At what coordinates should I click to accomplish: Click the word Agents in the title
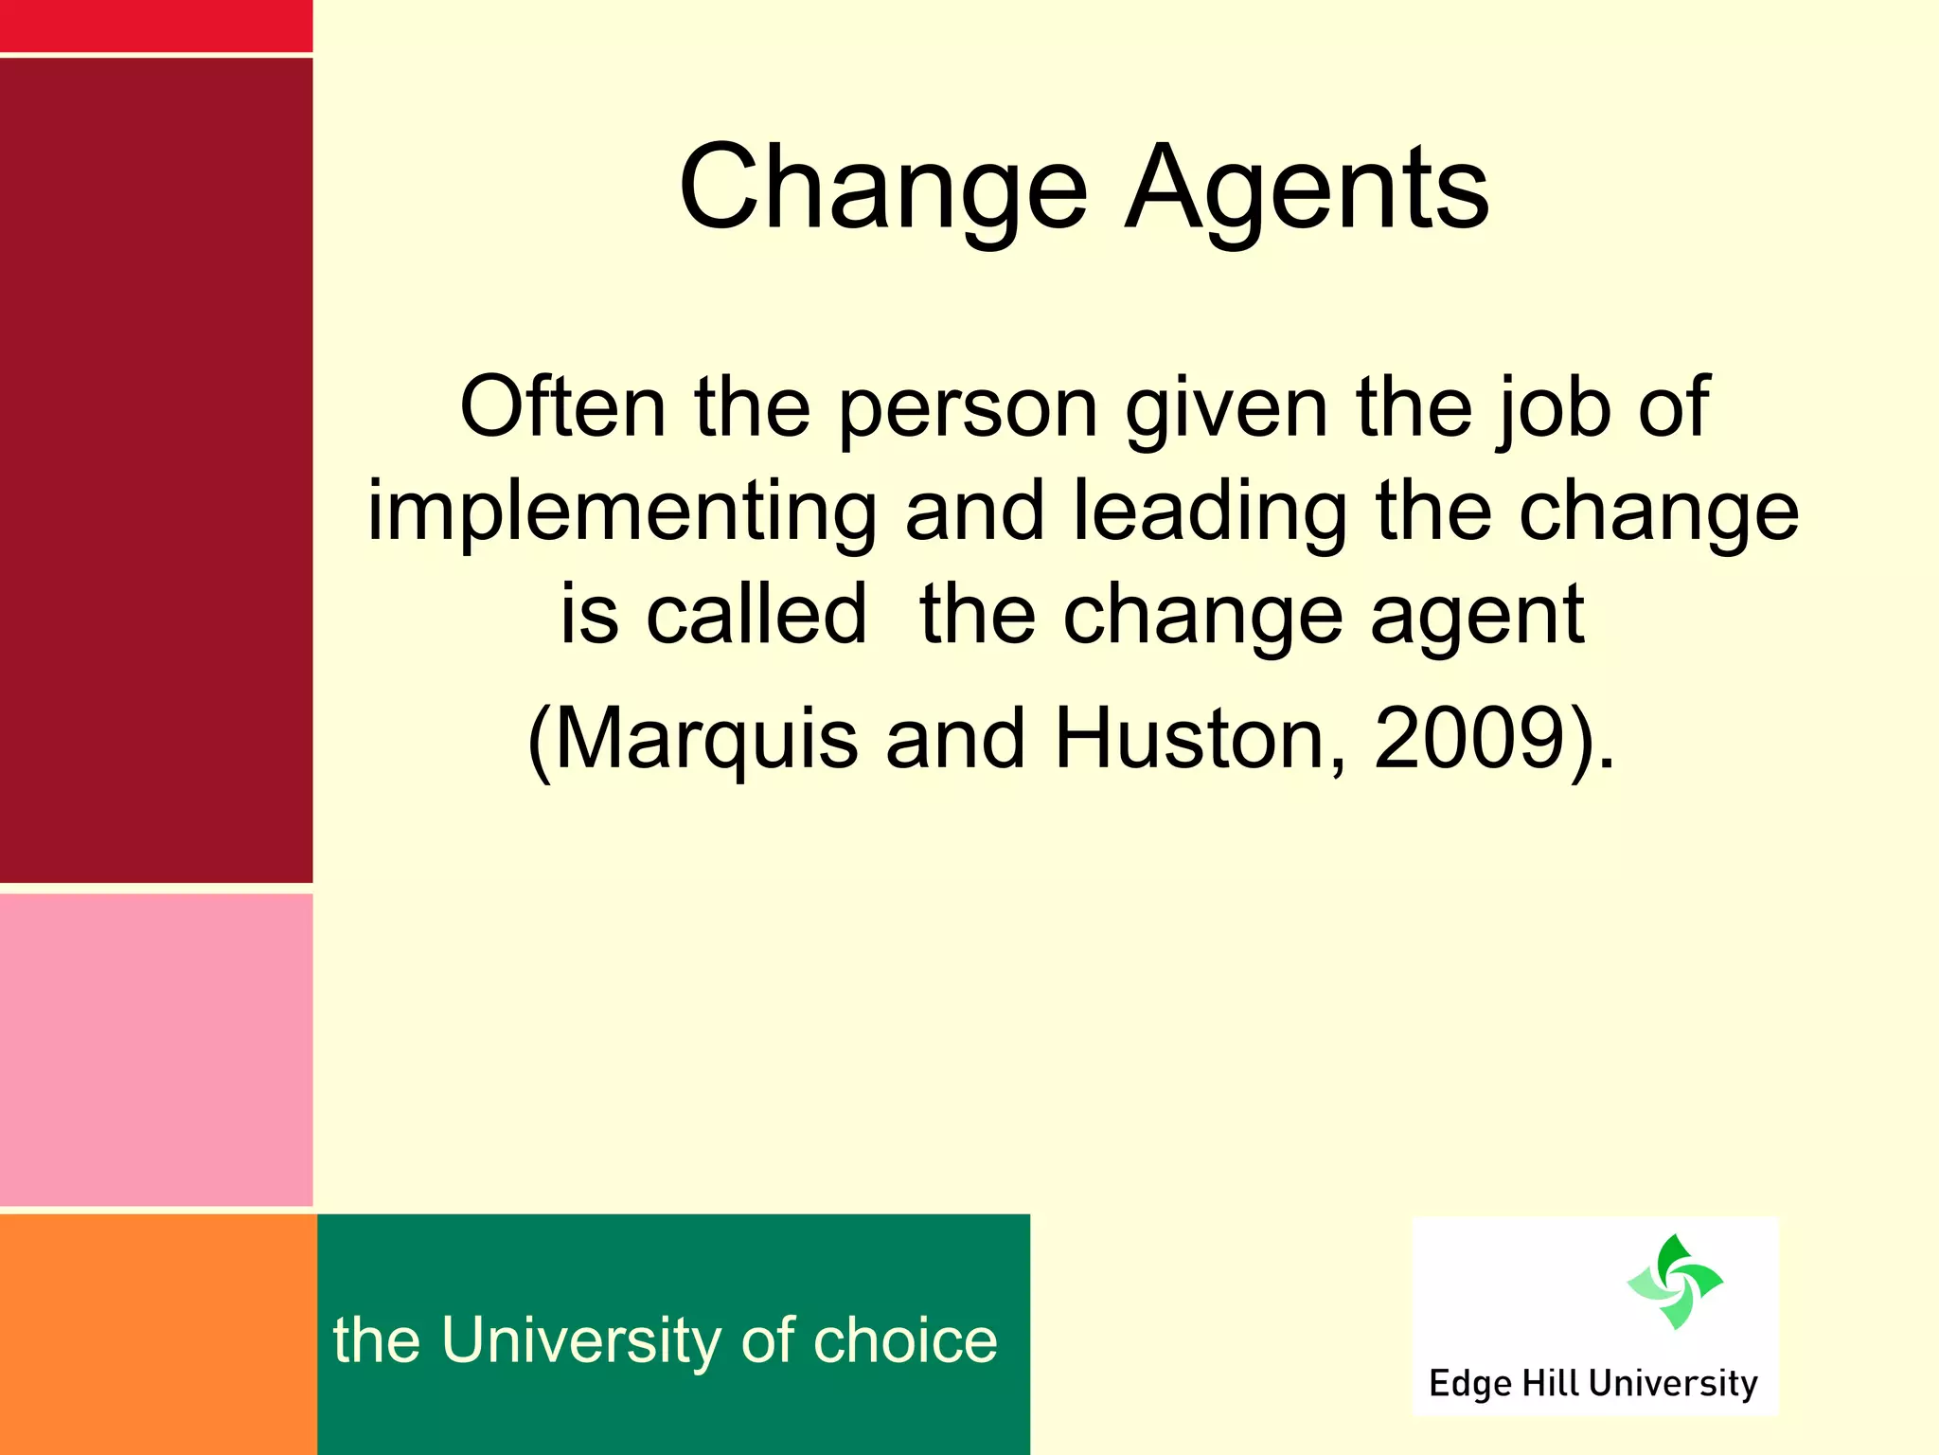1307,189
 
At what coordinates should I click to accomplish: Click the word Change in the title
882,189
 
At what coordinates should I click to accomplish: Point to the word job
1551,409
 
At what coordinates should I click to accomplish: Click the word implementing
622,513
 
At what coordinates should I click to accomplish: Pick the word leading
1209,513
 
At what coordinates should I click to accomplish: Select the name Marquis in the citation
705,740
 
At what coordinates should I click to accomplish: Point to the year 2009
1468,738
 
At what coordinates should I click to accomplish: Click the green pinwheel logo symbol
1674,1281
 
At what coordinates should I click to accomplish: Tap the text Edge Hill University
1592,1384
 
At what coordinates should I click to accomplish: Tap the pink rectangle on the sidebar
156,1050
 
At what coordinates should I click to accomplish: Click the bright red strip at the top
156,26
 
